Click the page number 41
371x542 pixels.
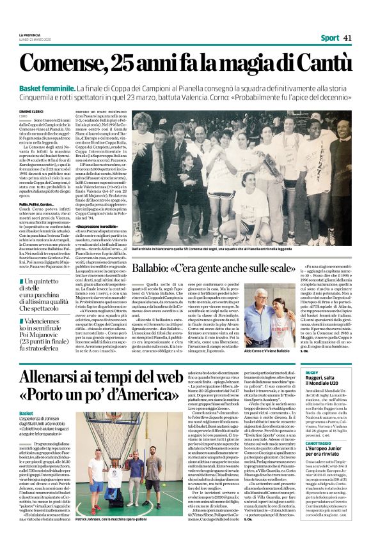(348, 38)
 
